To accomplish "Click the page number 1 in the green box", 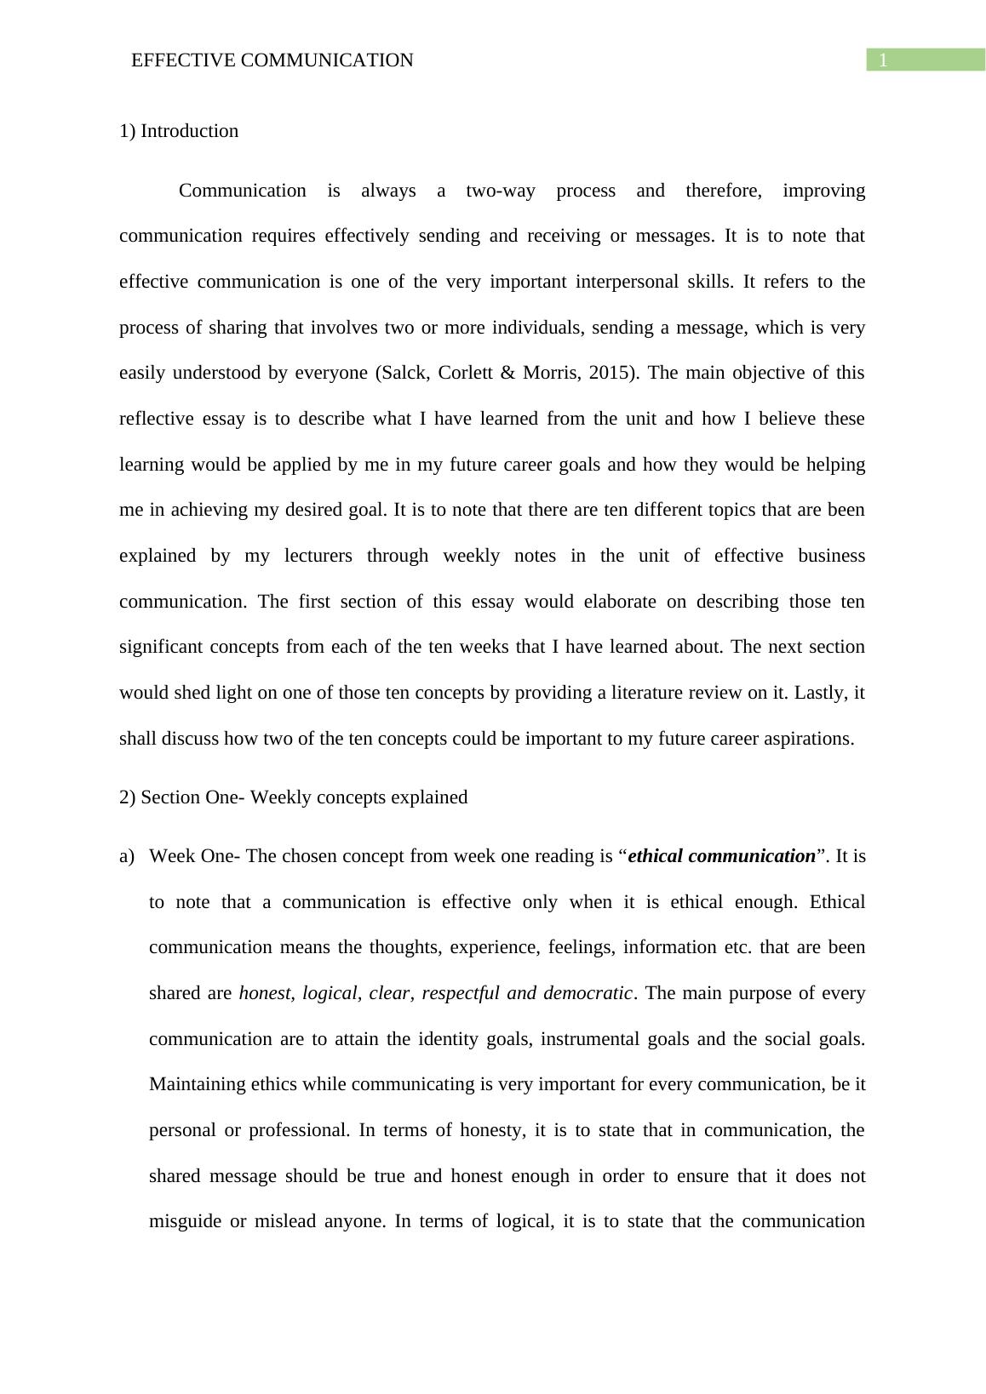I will (x=884, y=60).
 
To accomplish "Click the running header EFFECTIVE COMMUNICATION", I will (x=272, y=60).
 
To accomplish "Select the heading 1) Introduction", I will (x=179, y=131).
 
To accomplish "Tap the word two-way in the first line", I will (x=501, y=191).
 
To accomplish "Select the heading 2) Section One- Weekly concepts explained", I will (x=294, y=797).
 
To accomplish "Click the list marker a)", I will (x=127, y=856).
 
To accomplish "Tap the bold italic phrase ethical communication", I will (x=721, y=856).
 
